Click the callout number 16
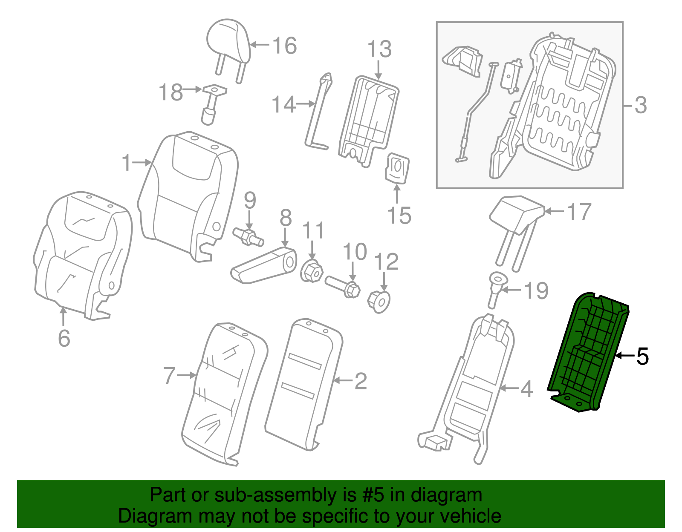pos(284,46)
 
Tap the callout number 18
pos(170,92)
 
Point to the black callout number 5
pos(642,356)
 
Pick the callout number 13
pos(379,49)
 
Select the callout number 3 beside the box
pos(640,105)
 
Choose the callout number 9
pos(250,200)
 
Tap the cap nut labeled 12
pos(379,301)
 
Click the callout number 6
pos(64,338)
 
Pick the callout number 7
pos(169,376)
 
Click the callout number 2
pos(360,381)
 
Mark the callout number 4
pos(527,388)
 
